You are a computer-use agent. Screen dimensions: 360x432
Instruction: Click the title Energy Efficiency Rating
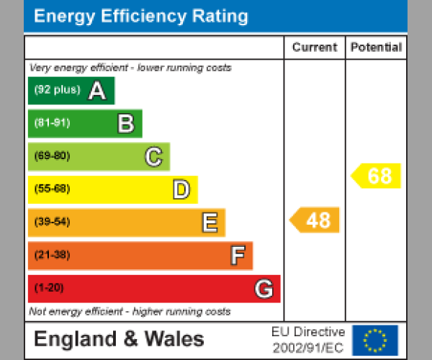pyautogui.click(x=141, y=17)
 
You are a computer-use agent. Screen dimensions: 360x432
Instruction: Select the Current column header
pyautogui.click(x=315, y=48)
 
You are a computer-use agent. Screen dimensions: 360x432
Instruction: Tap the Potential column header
pyautogui.click(x=376, y=48)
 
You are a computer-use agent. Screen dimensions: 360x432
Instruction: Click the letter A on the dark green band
pyautogui.click(x=97, y=91)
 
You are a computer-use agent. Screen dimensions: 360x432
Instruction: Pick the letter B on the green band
pyautogui.click(x=125, y=124)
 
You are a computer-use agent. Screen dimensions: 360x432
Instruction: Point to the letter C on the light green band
pyautogui.click(x=153, y=157)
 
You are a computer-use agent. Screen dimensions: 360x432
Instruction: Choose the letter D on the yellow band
pyautogui.click(x=181, y=190)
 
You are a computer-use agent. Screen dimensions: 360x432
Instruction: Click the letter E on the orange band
pyautogui.click(x=209, y=223)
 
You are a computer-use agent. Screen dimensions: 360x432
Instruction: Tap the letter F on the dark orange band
pyautogui.click(x=237, y=256)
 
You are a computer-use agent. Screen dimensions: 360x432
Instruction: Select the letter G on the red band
pyautogui.click(x=264, y=289)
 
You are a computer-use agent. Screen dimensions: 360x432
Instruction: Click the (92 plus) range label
pyautogui.click(x=57, y=91)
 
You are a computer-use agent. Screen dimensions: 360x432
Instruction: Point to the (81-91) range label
pyautogui.click(x=52, y=123)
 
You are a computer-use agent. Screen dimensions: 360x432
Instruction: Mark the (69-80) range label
pyautogui.click(x=52, y=156)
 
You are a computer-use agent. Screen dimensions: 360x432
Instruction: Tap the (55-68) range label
pyautogui.click(x=52, y=189)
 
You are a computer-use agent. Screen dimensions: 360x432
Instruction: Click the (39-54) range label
pyautogui.click(x=52, y=222)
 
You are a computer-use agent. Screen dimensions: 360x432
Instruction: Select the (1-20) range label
pyautogui.click(x=49, y=289)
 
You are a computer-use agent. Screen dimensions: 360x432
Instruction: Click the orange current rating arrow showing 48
pyautogui.click(x=315, y=220)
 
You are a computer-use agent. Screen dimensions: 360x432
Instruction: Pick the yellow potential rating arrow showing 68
pyautogui.click(x=377, y=176)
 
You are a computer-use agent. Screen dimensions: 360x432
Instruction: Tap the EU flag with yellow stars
pyautogui.click(x=374, y=339)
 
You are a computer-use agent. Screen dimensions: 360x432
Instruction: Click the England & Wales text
pyautogui.click(x=119, y=339)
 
